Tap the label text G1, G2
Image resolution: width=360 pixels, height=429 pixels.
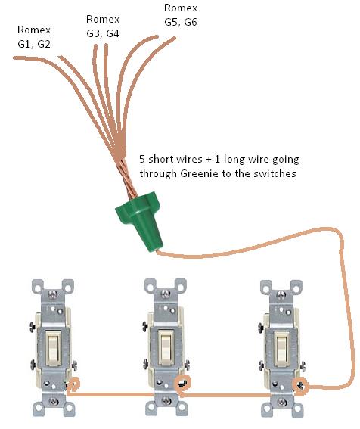[34, 44]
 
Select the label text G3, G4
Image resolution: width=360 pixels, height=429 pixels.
[103, 33]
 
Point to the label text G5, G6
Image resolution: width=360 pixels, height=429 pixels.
[181, 22]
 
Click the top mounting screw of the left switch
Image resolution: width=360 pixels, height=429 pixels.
[52, 294]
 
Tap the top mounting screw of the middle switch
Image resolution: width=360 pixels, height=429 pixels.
[165, 294]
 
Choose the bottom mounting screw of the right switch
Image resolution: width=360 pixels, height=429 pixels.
[281, 403]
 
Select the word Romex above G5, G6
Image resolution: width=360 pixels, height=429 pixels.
[181, 8]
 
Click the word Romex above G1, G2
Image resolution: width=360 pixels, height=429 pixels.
[34, 30]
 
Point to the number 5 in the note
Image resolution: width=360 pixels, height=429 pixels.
[142, 159]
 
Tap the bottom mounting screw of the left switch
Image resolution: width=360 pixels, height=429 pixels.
[54, 402]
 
